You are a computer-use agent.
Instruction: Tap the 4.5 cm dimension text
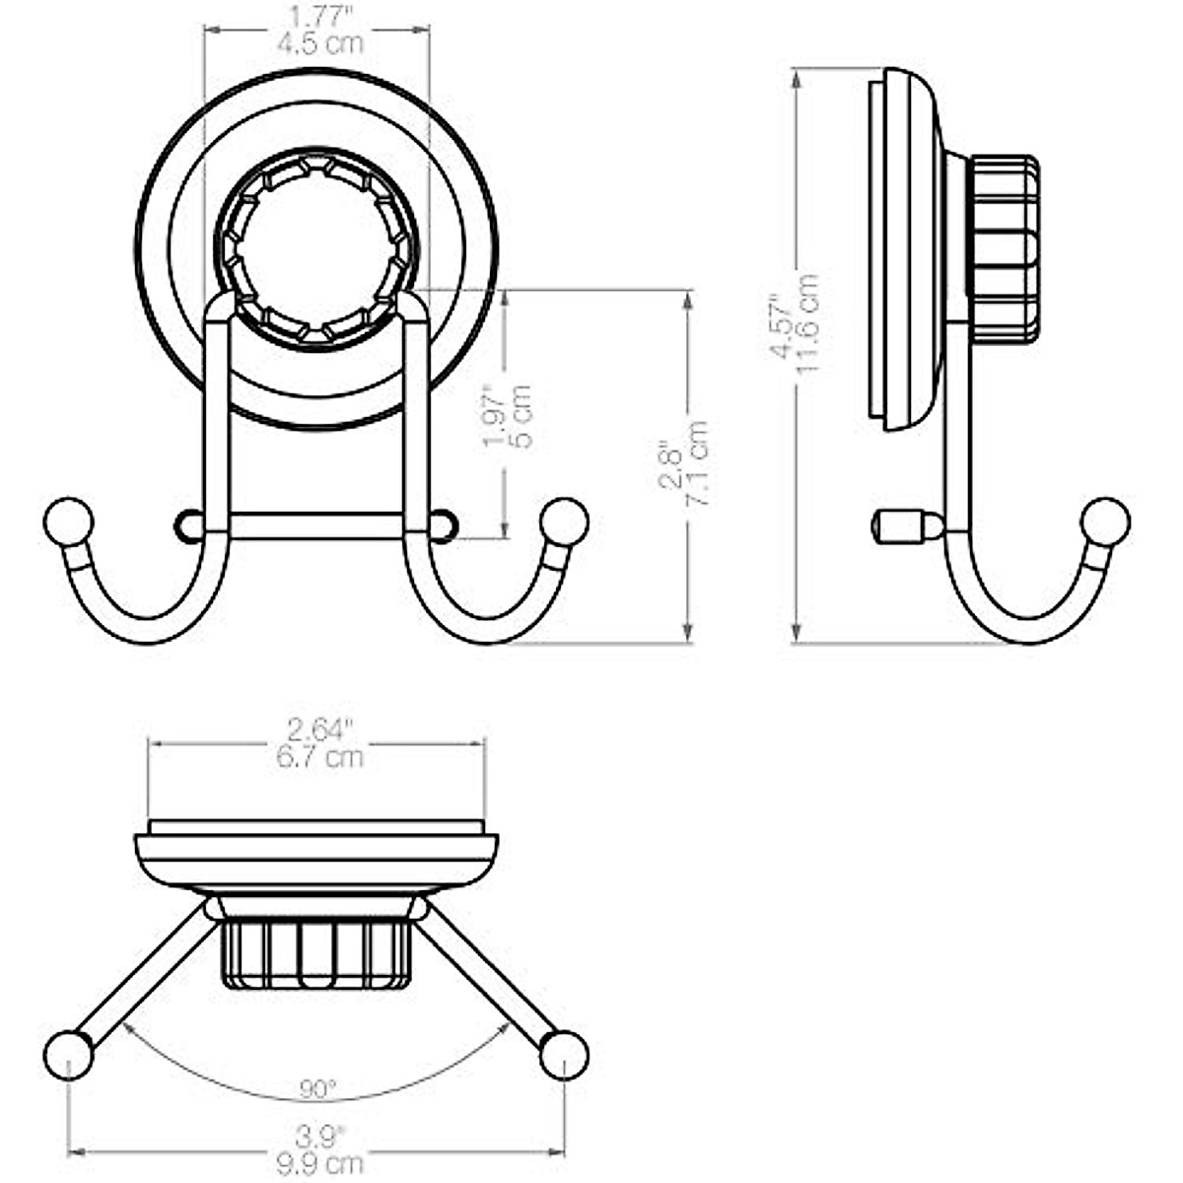(317, 44)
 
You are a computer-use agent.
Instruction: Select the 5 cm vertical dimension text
(522, 416)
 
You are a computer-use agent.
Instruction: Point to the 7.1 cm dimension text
(698, 463)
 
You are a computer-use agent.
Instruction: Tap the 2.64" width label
(317, 731)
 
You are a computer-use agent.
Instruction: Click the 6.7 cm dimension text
(317, 757)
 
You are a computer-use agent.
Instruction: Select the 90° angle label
(317, 1088)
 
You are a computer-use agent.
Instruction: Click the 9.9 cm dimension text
(317, 1164)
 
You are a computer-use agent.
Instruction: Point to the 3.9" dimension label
(317, 1137)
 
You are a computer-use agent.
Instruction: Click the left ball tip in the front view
(69, 522)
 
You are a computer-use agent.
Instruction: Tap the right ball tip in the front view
(565, 522)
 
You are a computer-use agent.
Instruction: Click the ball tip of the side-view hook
(1105, 522)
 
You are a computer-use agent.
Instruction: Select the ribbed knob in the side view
(1004, 248)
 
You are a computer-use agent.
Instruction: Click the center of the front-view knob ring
(316, 248)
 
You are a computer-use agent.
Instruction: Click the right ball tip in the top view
(564, 1055)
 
